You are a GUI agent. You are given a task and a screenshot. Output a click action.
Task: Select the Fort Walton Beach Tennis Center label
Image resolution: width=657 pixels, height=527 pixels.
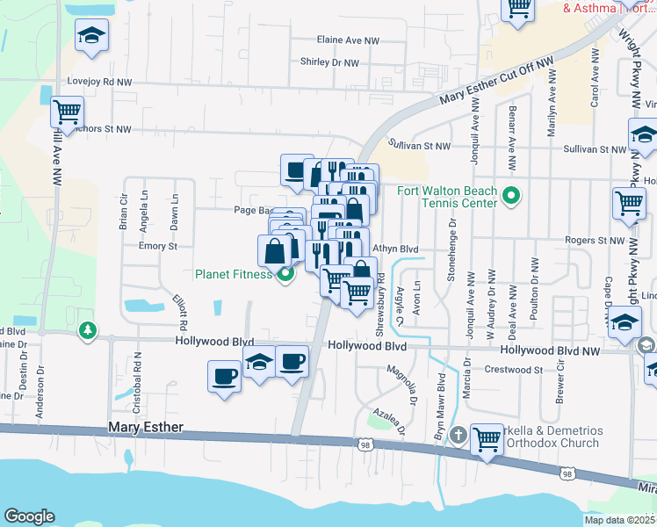coord(447,198)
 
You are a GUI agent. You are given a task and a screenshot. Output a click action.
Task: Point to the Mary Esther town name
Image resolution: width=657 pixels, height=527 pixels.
coord(145,427)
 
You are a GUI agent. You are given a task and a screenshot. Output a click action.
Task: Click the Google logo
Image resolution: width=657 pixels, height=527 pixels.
coord(29,516)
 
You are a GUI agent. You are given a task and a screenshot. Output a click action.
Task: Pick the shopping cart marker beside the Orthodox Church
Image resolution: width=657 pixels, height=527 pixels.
coord(487,439)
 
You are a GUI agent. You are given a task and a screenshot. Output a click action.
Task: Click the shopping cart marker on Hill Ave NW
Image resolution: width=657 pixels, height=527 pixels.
coord(67,112)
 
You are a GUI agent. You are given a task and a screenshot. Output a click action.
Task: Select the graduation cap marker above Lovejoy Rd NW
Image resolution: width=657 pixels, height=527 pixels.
coord(91,36)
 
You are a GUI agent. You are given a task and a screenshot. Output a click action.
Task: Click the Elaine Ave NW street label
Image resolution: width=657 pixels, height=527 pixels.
coord(348,40)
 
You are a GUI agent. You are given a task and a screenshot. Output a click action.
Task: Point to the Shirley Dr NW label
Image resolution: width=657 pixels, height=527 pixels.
coord(329,62)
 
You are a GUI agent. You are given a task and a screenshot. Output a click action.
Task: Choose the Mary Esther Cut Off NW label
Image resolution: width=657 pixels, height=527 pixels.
coord(498,81)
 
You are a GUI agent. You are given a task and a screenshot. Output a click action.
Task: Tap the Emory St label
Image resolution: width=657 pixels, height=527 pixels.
coord(158,246)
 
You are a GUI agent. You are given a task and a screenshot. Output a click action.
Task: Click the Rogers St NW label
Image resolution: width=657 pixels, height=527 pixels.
coord(594,240)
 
